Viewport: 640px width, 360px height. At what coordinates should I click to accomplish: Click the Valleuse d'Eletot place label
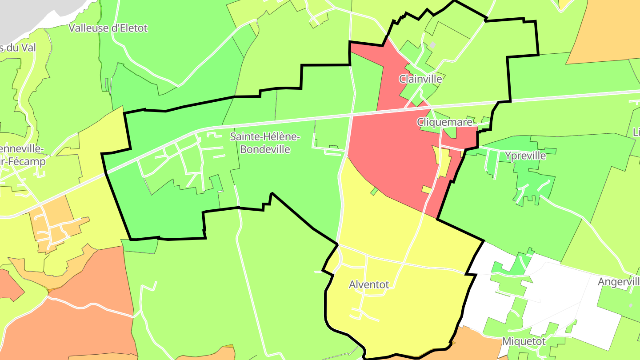click(x=108, y=28)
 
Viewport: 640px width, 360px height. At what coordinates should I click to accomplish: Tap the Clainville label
click(x=420, y=79)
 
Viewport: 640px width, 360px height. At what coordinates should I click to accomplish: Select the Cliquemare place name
click(x=444, y=121)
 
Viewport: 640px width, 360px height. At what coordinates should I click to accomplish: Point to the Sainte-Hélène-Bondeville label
click(x=265, y=143)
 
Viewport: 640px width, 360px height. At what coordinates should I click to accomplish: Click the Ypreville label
click(x=525, y=156)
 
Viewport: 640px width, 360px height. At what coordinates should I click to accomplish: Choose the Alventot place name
click(x=369, y=284)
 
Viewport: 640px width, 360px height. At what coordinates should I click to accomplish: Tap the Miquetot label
click(x=524, y=341)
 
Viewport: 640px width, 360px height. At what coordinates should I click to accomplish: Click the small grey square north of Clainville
click(x=432, y=45)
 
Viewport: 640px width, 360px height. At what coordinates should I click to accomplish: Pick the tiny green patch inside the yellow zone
click(x=374, y=191)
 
